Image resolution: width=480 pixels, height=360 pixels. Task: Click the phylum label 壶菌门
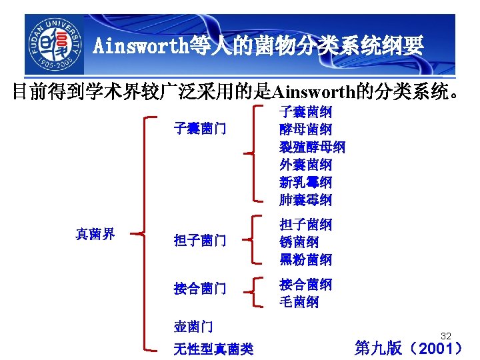point(193,326)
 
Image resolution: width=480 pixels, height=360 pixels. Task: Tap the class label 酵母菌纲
point(305,129)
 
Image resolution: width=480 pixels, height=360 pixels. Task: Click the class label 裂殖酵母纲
point(312,147)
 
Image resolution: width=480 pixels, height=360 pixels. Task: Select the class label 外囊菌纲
point(305,164)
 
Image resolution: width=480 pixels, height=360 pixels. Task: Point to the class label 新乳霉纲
point(305,181)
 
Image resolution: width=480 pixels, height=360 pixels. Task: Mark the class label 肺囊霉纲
point(305,199)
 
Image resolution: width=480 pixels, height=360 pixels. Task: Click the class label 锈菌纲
point(299,242)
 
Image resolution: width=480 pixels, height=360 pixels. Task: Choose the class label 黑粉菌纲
point(305,259)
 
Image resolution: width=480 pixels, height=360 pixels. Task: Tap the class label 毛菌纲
point(299,302)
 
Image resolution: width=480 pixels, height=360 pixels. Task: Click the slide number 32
point(446,336)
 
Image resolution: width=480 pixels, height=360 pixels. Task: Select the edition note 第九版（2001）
point(408,347)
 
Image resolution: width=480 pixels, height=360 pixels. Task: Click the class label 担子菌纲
point(305,225)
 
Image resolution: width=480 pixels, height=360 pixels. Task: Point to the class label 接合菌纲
point(305,285)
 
